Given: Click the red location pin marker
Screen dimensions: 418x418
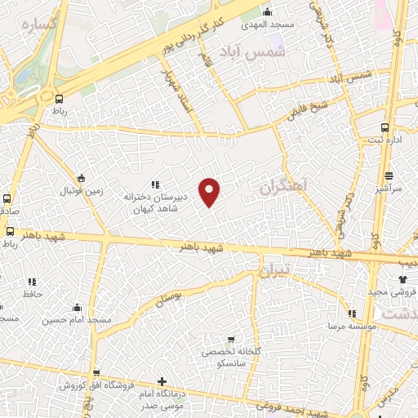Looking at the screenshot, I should (x=210, y=192).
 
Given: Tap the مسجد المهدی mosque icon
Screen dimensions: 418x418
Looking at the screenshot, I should (x=267, y=11).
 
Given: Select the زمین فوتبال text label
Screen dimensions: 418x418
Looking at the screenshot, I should (x=79, y=191).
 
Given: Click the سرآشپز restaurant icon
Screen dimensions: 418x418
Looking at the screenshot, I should (x=389, y=175).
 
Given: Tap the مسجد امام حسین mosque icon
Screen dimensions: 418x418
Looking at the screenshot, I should (x=77, y=308).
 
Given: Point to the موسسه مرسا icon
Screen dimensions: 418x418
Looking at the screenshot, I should (x=352, y=313).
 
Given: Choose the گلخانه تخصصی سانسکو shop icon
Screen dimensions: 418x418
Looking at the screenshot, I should (x=231, y=340).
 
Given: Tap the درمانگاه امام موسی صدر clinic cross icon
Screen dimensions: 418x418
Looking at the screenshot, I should (x=162, y=381).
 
